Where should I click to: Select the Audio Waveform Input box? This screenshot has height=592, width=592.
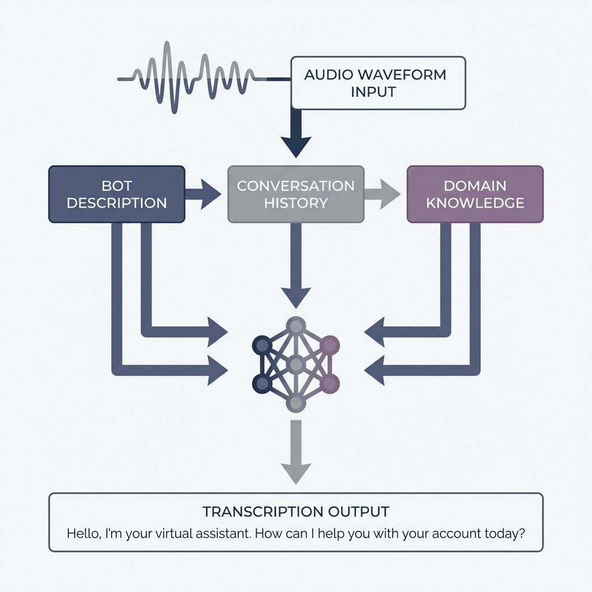click(378, 83)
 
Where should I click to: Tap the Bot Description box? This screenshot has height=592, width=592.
click(116, 194)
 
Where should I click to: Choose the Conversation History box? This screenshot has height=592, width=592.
click(295, 194)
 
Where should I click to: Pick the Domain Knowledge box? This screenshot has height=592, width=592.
click(475, 194)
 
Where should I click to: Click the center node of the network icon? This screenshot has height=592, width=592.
click(296, 364)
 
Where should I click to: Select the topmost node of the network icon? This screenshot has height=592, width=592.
click(296, 326)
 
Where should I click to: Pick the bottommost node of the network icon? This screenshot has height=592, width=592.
click(296, 403)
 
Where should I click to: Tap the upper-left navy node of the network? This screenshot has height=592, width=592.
click(262, 345)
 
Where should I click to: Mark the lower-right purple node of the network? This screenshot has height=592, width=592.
click(330, 383)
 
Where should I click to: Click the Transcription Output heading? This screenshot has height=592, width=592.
click(295, 512)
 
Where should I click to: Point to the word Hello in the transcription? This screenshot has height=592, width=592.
click(83, 532)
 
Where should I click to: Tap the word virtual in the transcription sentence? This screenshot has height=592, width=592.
click(175, 532)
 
